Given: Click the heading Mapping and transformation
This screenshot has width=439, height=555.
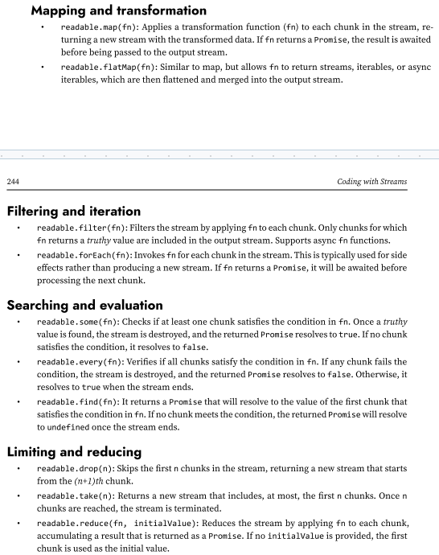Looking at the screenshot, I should tap(118, 11).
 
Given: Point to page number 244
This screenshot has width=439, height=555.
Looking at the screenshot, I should tap(13, 182).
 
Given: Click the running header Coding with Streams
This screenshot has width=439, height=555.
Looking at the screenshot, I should tap(372, 182).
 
